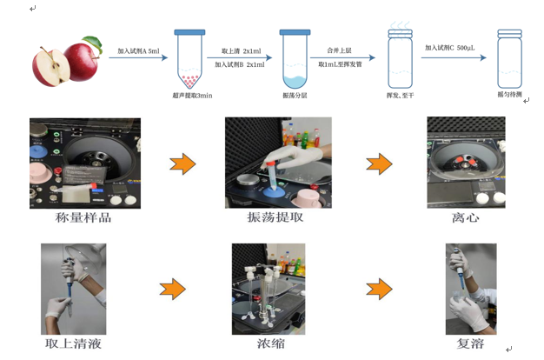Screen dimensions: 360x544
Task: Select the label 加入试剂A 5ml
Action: click(x=139, y=51)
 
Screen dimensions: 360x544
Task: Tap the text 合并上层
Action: click(x=339, y=51)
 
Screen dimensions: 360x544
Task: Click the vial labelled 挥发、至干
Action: click(x=400, y=59)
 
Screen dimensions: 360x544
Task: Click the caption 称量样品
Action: click(x=83, y=217)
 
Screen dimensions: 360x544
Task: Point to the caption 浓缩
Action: click(x=272, y=344)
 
